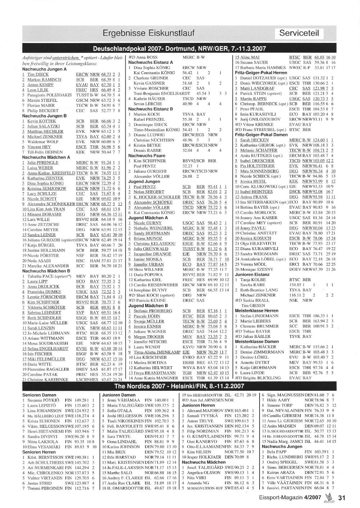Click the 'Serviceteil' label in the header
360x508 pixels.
tap(299, 33)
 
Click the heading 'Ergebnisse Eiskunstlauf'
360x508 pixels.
tap(148, 33)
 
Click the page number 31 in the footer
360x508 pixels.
tap(342, 498)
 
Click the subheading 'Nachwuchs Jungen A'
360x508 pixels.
tap(44, 69)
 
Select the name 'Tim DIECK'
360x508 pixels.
tap(38, 74)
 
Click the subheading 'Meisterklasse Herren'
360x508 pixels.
tap(257, 310)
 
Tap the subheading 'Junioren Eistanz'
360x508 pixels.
tap(252, 274)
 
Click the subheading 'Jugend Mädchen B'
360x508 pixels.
tap(148, 305)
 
